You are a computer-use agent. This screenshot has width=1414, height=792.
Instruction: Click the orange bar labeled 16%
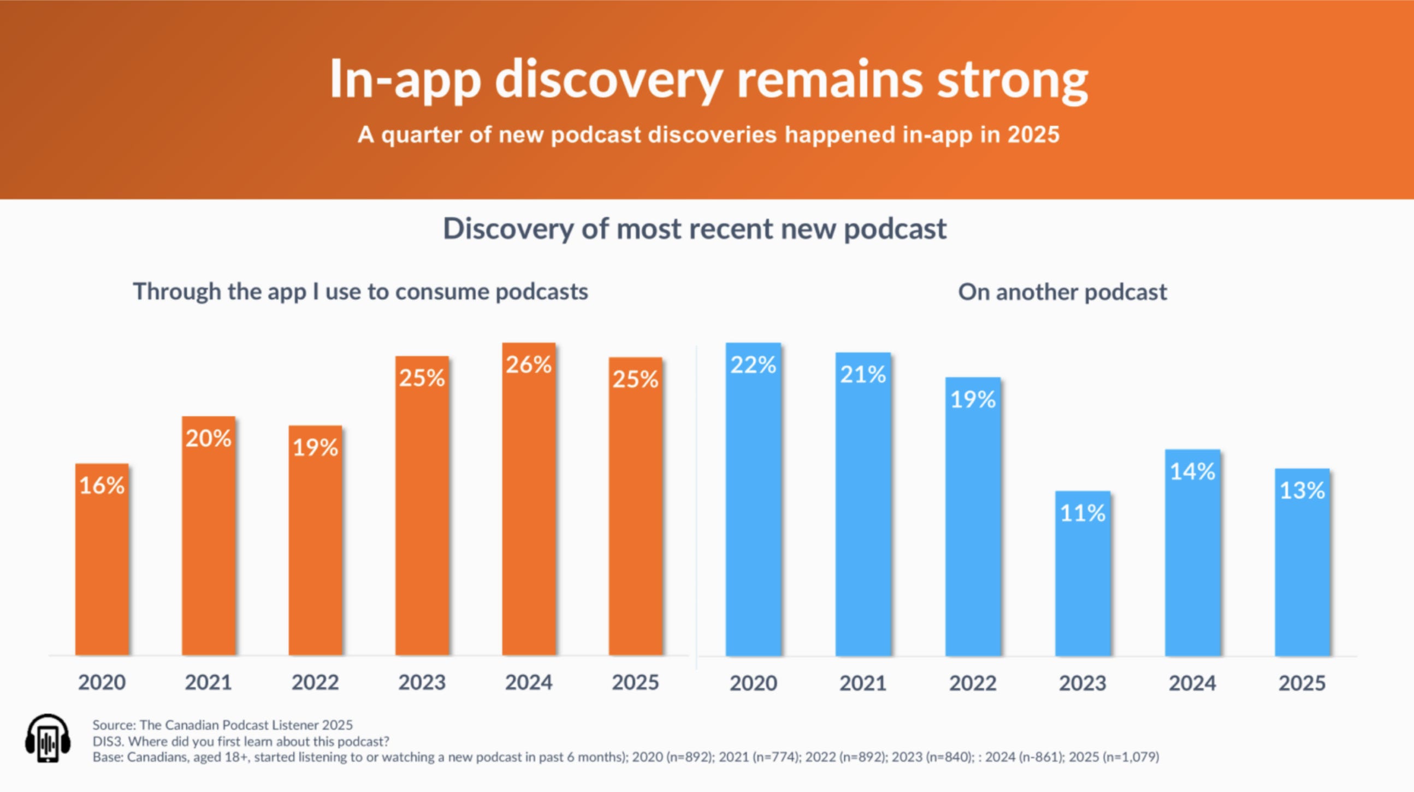[x=102, y=559]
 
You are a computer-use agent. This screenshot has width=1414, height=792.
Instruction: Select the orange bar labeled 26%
[x=529, y=499]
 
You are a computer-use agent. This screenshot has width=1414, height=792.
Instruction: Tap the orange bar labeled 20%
[x=209, y=536]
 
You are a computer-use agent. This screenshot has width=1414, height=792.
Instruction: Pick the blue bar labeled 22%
[x=753, y=499]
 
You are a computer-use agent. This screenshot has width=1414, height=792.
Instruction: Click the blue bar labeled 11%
[x=1082, y=574]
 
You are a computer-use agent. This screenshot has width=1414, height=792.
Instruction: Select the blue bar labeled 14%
[x=1193, y=553]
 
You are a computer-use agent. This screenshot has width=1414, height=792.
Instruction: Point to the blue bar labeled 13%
[x=1302, y=562]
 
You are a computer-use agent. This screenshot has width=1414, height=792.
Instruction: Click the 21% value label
[x=863, y=374]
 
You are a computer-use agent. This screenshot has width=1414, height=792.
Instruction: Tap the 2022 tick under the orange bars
[x=315, y=682]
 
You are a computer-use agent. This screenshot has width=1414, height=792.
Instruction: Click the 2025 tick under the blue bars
[x=1302, y=683]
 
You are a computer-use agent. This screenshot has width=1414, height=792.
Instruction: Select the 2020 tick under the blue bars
[x=753, y=683]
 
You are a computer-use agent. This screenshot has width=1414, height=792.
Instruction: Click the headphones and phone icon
[x=48, y=738]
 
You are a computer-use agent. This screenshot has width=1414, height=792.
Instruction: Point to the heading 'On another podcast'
[x=1062, y=292]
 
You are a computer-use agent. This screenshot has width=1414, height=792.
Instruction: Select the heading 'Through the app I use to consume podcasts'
[x=360, y=292]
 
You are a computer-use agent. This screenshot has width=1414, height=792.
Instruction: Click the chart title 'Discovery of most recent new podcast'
[x=694, y=229]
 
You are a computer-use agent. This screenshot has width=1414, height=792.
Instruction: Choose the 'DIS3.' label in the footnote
[x=108, y=742]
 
